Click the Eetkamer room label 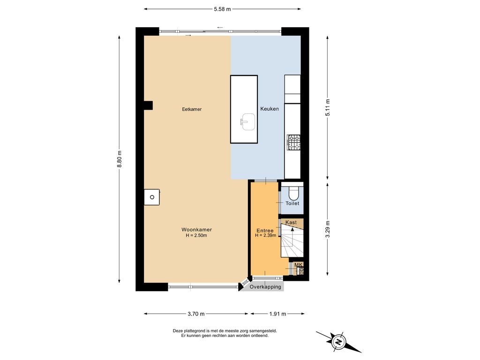point(192,109)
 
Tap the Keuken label point(270,109)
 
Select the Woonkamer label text point(196,230)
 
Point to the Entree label point(265,231)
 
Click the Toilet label point(292,203)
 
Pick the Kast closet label point(291,222)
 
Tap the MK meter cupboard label point(299,265)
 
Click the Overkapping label point(265,287)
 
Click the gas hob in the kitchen point(293,142)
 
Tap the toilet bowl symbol point(293,192)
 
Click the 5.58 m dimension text point(222,9)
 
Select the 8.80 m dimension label point(120,159)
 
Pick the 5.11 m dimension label point(328,108)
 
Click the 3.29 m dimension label point(328,229)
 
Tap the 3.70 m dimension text point(196,314)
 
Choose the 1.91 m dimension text point(277,314)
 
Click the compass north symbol point(338,342)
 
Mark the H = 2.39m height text point(266,235)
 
